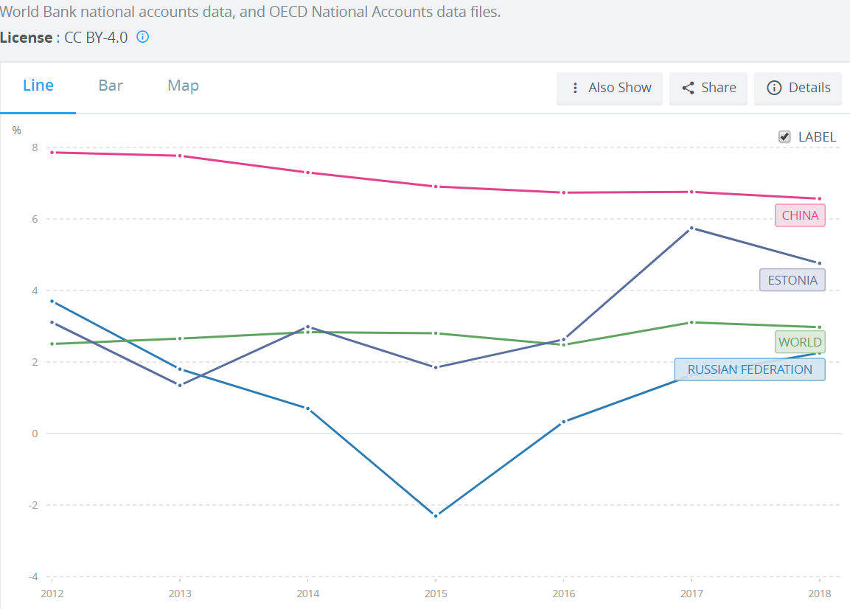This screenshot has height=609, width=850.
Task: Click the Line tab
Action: coord(38,86)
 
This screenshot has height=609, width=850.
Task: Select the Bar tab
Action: coord(111,86)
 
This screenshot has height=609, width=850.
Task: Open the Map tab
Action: coord(183,86)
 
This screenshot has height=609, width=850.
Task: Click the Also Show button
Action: coord(610,88)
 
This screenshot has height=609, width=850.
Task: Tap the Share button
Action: coord(708,88)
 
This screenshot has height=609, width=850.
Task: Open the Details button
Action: coord(798,88)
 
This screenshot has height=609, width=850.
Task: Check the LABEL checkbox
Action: coord(785,136)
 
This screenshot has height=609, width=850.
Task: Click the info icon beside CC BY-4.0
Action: coord(143,37)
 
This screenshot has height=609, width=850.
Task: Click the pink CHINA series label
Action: coord(800,215)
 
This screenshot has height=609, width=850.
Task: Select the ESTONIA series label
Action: coord(792,280)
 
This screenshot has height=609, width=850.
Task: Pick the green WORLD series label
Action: coord(800,342)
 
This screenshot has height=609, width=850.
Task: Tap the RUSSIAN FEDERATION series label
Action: coord(750,369)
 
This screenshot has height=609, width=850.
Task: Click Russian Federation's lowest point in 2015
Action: coord(436,515)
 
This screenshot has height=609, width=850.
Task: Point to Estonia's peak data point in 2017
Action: coord(692,228)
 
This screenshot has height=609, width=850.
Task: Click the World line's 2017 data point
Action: coord(692,322)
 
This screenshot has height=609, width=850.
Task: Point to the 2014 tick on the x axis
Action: coord(307,594)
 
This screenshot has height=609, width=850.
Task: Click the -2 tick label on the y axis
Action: coord(33,505)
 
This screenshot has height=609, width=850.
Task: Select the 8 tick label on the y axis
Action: coord(35,147)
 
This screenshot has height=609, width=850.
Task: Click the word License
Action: coord(26,37)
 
